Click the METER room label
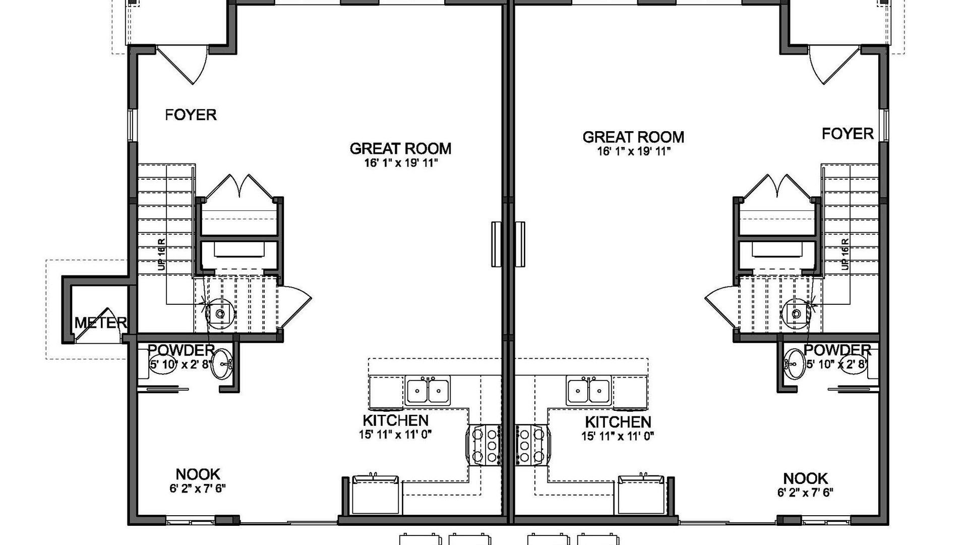(x=100, y=322)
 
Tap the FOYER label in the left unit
(x=191, y=115)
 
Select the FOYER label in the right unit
(x=848, y=134)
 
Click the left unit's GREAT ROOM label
(x=400, y=148)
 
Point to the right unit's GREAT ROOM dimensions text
(x=634, y=151)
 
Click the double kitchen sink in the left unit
(x=428, y=390)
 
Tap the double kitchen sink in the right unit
(x=588, y=390)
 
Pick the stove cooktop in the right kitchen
(x=532, y=445)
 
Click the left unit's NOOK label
(x=198, y=474)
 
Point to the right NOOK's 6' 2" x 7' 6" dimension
(x=805, y=493)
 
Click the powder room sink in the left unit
(x=221, y=363)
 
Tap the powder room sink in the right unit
(x=794, y=363)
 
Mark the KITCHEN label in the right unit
(x=618, y=422)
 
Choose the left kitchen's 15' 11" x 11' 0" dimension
(x=395, y=434)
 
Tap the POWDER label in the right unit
(x=837, y=350)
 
